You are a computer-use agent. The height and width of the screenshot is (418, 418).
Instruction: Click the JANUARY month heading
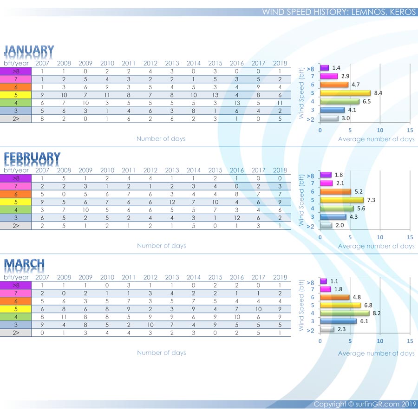29,50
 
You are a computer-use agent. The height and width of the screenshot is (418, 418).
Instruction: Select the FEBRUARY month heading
32,157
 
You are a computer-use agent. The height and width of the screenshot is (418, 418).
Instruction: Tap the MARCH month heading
25,264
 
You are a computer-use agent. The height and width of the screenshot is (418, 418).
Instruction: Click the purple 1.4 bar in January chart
324,68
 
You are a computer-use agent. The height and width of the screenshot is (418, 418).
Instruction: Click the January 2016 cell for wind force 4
236,102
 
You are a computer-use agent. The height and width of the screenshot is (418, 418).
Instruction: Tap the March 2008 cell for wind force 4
64,316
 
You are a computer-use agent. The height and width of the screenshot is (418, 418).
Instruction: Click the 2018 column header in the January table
280,63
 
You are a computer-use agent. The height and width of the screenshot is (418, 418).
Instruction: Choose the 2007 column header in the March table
42,277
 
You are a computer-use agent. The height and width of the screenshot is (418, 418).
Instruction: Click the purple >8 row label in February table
16,178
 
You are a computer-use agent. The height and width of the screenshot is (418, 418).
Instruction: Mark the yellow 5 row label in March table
16,308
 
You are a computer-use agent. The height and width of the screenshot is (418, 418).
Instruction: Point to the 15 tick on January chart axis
410,130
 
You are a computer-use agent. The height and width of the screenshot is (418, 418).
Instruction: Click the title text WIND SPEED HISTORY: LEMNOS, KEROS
339,12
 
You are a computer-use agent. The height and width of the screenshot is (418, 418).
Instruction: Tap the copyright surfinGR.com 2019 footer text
365,404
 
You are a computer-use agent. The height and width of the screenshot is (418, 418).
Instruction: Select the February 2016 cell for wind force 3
236,217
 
